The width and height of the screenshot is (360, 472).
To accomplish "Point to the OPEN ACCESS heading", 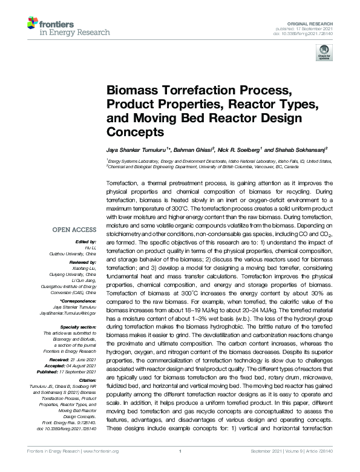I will point(74,230).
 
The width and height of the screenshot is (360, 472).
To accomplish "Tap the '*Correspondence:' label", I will point(78,301).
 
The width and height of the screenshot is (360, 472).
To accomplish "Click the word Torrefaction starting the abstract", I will point(123,182).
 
